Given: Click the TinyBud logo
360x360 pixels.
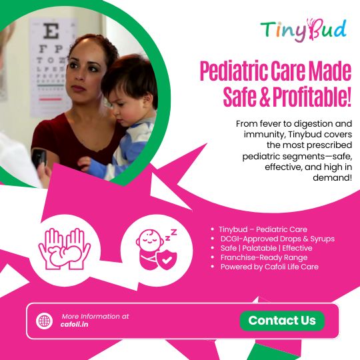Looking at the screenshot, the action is click(x=303, y=30).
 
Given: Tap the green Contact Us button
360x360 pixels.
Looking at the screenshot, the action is click(x=282, y=321).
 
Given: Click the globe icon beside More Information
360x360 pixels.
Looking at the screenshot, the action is click(x=44, y=321).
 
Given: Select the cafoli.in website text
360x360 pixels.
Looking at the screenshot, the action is click(x=75, y=325).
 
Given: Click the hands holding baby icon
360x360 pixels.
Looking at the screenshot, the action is click(x=65, y=249).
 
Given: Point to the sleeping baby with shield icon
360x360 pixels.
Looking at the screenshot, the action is click(x=157, y=249).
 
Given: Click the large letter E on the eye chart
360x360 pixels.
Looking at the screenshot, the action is click(x=51, y=31).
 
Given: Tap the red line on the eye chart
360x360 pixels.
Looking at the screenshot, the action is click(x=50, y=99).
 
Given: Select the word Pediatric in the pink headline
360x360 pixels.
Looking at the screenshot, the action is click(x=233, y=71).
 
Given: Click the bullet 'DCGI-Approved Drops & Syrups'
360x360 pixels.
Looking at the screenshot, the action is click(x=277, y=239).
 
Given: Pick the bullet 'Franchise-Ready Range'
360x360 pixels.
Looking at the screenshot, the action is click(x=264, y=257).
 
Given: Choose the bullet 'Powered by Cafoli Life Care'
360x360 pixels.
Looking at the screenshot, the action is click(x=269, y=267).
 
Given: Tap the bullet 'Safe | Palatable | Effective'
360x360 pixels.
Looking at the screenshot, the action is click(x=266, y=248).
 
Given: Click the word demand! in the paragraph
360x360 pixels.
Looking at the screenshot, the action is click(x=332, y=177).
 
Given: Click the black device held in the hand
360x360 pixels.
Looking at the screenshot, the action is click(x=39, y=157).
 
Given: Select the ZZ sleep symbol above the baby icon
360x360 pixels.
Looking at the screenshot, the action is click(x=171, y=235).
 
